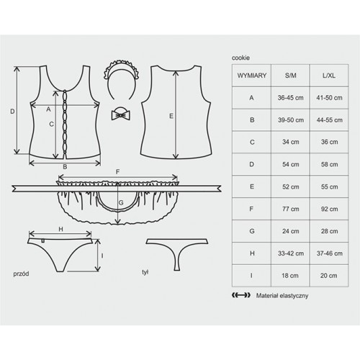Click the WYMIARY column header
(252, 76)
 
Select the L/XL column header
(329, 76)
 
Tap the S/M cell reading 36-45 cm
(290, 98)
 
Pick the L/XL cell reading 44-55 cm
(329, 120)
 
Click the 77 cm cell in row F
(290, 209)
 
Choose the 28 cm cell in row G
(329, 231)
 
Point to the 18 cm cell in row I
(290, 276)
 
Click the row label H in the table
(252, 253)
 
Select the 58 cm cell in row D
(329, 164)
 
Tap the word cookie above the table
(240, 58)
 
